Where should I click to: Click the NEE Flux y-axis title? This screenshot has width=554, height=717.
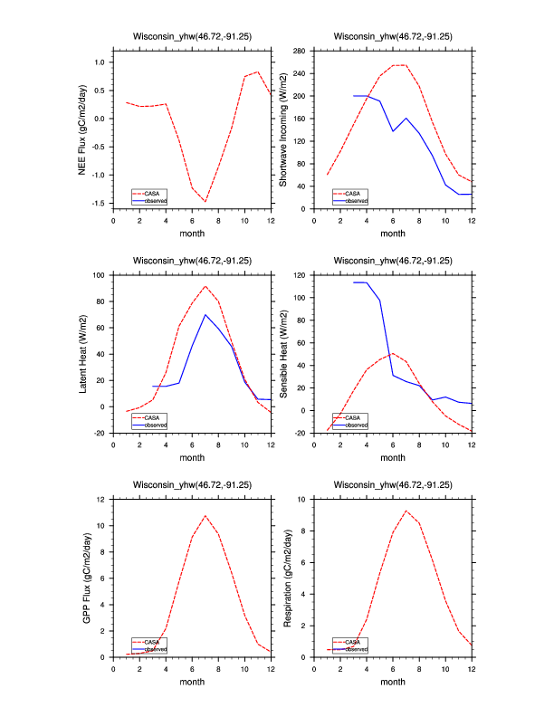pos(82,129)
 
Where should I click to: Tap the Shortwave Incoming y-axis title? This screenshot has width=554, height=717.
pos(282,129)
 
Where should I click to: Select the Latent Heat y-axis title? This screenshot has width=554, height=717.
pos(82,354)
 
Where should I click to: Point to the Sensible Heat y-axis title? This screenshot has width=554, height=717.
pos(282,354)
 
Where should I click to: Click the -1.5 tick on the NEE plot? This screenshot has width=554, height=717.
pos(100,204)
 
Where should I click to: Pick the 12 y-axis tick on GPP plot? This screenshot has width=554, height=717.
pos(103,500)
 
